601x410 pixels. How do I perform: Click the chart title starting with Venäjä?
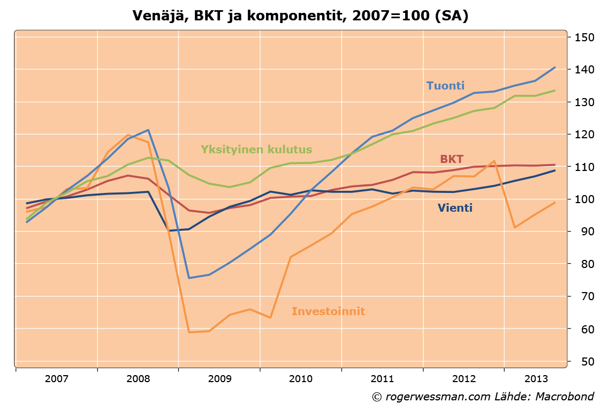300,16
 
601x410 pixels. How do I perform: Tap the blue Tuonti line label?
445,86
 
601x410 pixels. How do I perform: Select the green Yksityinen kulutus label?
256,150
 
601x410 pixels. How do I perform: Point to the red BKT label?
452,159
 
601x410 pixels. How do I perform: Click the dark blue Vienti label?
455,208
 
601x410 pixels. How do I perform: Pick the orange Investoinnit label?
328,311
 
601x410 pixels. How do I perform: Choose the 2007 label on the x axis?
57,379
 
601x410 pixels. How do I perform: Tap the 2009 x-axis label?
219,379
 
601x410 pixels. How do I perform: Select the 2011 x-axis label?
382,379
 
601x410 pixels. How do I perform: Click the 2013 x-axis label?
535,379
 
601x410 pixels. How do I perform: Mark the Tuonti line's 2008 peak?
148,130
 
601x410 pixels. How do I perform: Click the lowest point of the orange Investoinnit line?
189,332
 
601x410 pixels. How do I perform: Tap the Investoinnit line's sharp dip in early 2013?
514,228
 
